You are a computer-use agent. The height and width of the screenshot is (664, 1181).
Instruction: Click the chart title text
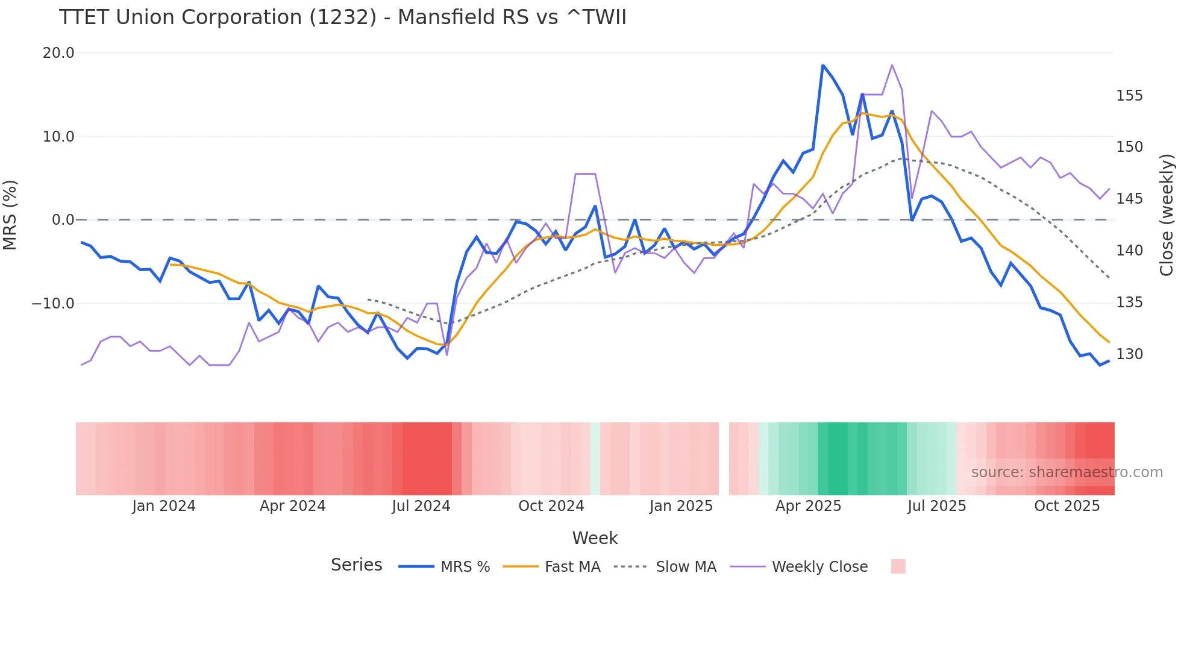click(x=342, y=17)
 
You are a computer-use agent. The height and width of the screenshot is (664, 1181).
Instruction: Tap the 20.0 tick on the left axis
click(x=58, y=53)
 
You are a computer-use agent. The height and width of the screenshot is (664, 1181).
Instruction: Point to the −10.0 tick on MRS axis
click(x=53, y=304)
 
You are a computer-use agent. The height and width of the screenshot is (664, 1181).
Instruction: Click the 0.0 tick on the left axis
click(x=63, y=220)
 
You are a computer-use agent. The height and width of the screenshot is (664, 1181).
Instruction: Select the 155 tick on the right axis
click(x=1129, y=96)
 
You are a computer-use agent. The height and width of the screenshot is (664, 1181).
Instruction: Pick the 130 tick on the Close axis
click(x=1129, y=354)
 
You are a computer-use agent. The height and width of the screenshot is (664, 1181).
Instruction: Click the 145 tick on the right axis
click(x=1129, y=199)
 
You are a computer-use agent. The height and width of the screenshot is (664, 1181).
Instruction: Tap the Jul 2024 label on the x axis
click(x=421, y=506)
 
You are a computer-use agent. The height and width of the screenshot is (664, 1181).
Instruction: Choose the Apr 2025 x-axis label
click(x=808, y=506)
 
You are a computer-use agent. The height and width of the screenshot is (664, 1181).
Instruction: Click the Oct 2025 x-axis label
click(x=1067, y=506)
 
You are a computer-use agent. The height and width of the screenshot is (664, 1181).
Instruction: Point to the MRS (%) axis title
click(x=10, y=215)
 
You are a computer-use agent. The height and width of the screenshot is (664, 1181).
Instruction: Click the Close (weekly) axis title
click(x=1167, y=215)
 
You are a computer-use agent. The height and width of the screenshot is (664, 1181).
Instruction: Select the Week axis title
click(x=595, y=538)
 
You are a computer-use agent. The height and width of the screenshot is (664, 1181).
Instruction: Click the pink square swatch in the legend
click(x=898, y=566)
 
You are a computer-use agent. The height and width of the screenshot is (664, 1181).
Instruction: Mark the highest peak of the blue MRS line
click(x=823, y=65)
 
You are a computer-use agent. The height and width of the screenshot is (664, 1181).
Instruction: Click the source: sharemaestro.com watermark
click(x=1067, y=472)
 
